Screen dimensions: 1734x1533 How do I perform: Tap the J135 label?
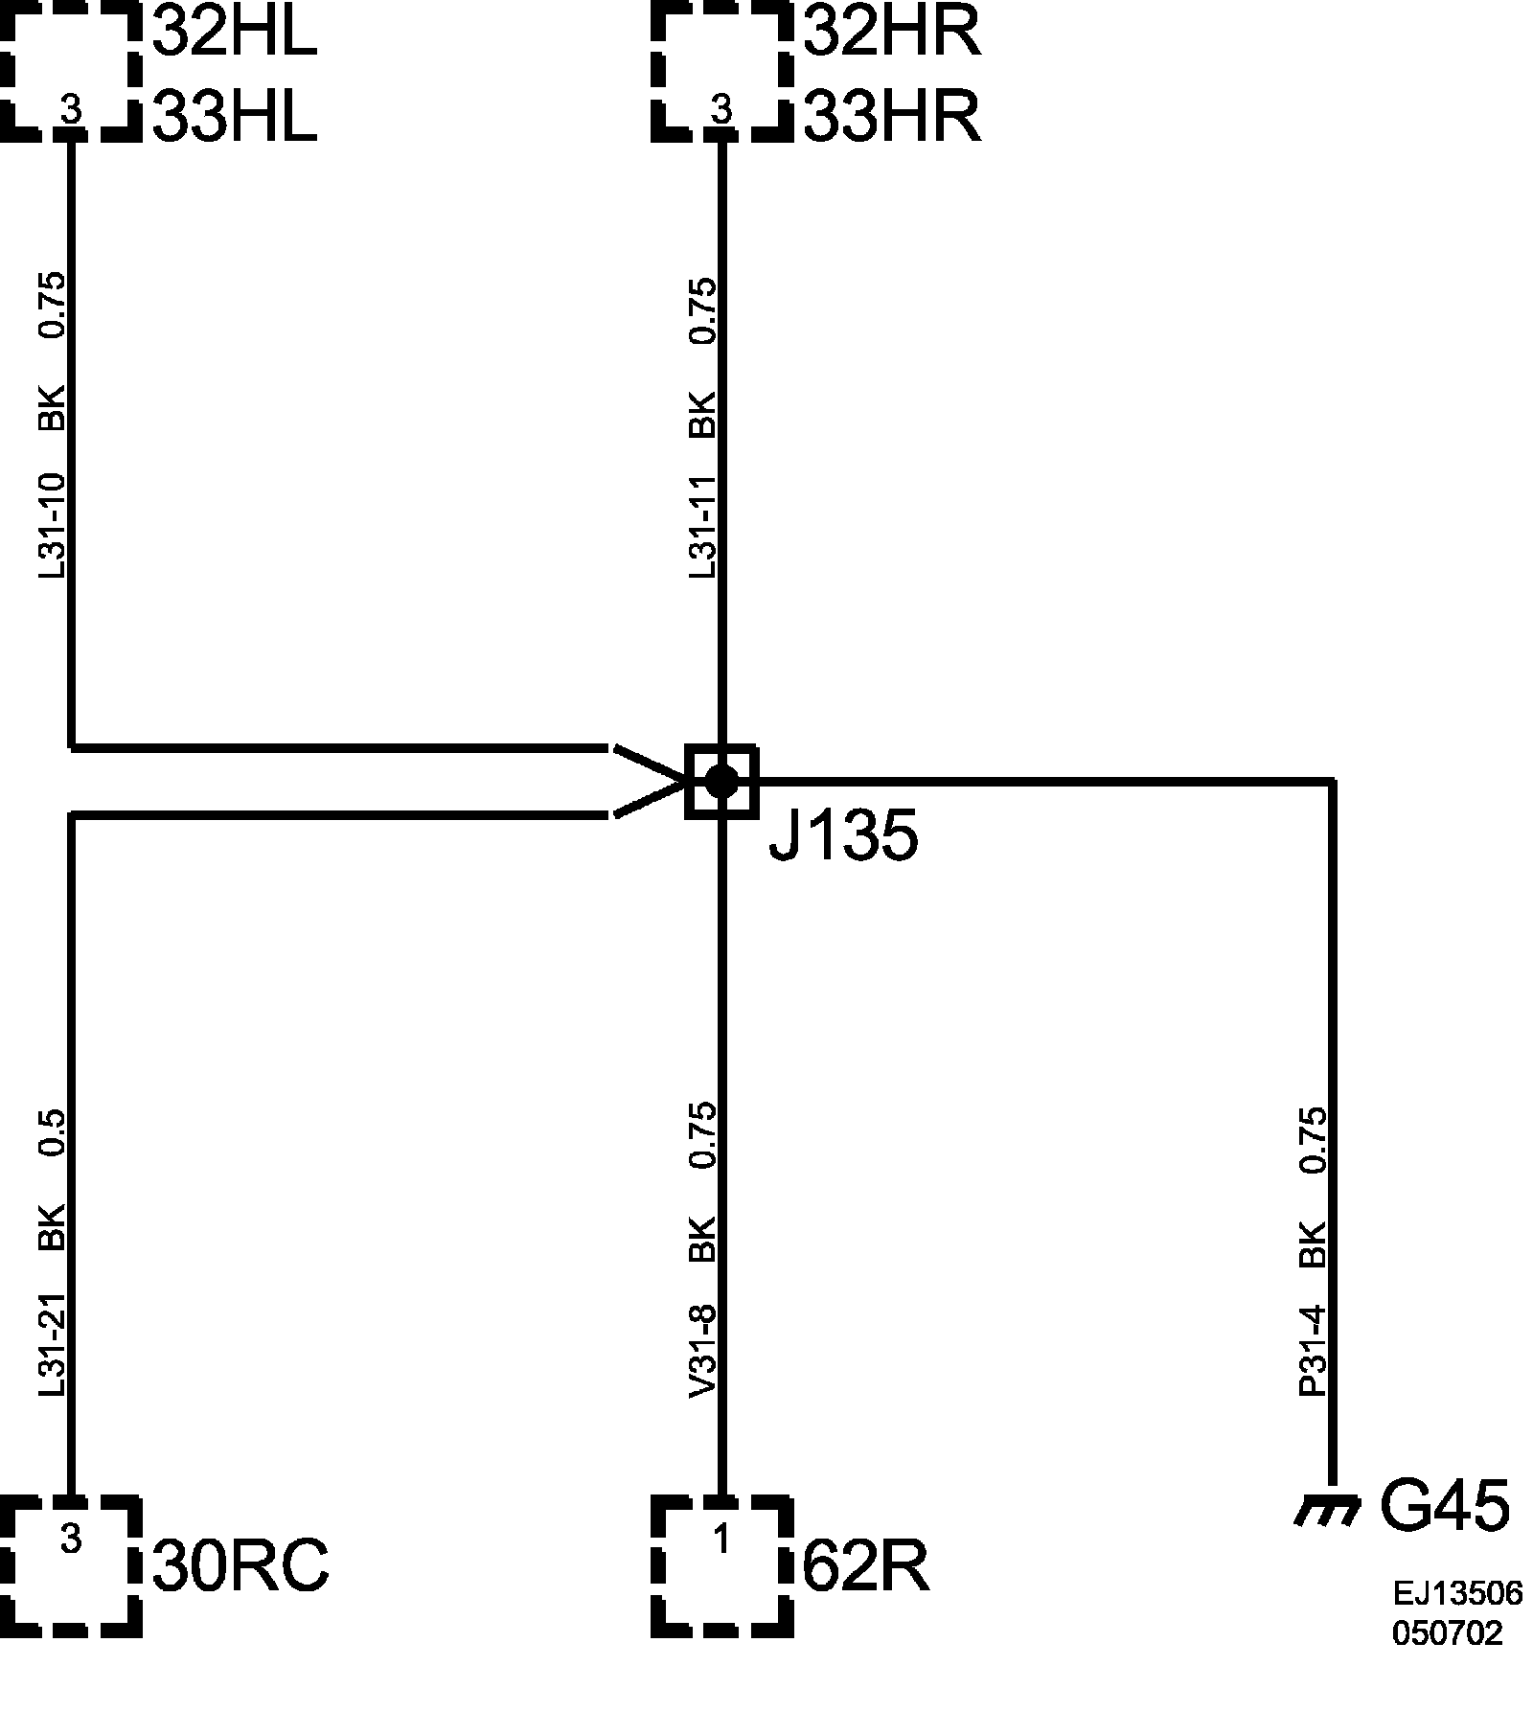tap(843, 837)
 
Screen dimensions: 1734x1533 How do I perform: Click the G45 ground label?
tap(1444, 1505)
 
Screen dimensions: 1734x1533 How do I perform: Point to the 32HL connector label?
tap(235, 34)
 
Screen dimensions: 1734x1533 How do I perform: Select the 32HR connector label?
tap(891, 34)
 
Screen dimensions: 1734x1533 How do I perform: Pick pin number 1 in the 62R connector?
tap(721, 1540)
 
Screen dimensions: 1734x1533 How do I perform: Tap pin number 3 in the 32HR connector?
tap(721, 110)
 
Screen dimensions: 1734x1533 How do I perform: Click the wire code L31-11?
tap(702, 527)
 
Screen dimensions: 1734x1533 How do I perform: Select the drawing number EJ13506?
tap(1456, 1593)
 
